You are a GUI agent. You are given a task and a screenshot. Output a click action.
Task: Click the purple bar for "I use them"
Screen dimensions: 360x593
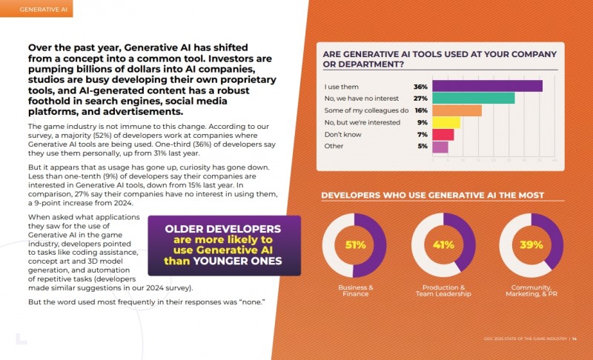487,86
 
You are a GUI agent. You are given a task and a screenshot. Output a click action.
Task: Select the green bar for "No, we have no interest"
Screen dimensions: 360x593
473,98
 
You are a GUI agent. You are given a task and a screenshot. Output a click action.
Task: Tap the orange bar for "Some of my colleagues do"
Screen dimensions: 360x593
457,110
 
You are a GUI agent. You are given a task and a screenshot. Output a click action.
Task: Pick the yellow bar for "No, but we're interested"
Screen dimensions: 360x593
446,122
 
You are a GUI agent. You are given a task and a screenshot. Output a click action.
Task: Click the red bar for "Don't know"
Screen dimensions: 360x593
443,134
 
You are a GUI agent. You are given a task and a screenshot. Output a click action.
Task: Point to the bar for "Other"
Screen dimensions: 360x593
440,147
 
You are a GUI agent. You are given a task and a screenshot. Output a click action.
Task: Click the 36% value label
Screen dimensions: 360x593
421,86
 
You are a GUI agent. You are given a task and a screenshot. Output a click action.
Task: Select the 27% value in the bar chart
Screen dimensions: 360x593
421,98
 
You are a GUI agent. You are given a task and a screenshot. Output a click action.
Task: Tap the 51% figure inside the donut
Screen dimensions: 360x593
354,245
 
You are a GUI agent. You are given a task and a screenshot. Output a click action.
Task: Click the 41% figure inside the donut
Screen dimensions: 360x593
443,245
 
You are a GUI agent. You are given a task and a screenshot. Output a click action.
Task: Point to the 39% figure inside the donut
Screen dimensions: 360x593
531,245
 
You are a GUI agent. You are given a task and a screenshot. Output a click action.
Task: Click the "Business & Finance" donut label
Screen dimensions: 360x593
355,290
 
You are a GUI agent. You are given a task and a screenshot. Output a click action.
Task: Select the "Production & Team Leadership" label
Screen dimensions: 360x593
443,290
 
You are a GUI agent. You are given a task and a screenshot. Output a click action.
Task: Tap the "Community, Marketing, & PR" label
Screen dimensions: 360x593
531,290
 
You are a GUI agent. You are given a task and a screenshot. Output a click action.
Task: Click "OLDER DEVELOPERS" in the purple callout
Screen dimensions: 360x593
222,229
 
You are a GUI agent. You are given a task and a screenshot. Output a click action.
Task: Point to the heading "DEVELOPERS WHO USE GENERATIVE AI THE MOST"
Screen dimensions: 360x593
432,196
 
